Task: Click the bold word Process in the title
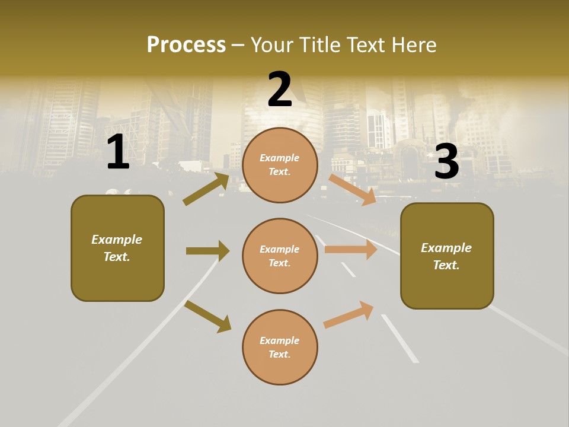[186, 45]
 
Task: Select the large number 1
[118, 152]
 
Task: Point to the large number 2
[280, 90]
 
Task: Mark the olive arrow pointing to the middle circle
[207, 251]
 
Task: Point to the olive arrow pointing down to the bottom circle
[207, 316]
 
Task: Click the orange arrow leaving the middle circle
[351, 250]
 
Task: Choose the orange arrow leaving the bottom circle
[349, 314]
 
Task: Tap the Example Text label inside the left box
[117, 248]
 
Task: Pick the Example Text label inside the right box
[446, 256]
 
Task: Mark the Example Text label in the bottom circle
[280, 347]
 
